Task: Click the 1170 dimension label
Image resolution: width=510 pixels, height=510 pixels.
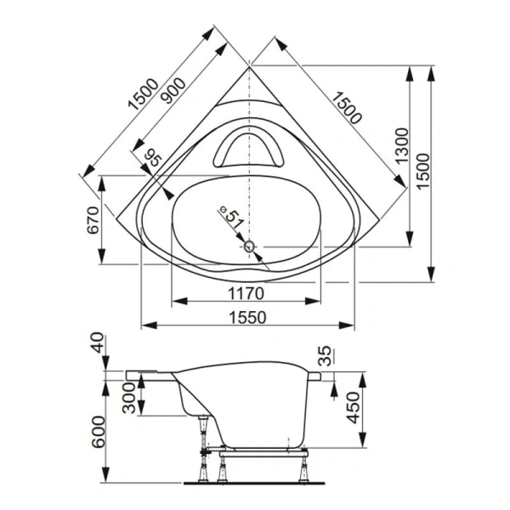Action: (x=247, y=293)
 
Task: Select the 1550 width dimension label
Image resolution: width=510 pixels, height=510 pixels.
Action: (x=247, y=317)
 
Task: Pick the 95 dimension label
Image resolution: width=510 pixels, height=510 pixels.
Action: (x=153, y=158)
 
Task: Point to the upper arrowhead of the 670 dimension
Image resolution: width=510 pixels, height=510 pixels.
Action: (x=103, y=182)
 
